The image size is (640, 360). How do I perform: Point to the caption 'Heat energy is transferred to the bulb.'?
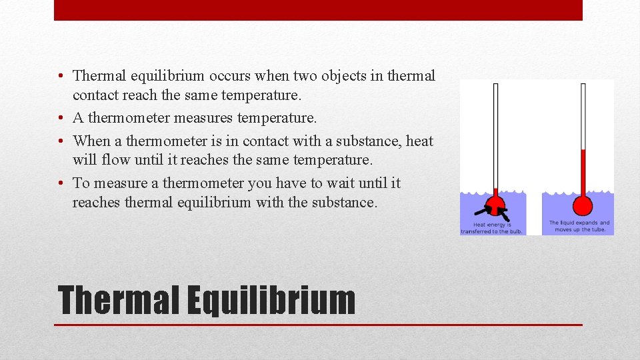point(492,228)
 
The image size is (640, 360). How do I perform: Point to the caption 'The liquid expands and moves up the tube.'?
point(579,226)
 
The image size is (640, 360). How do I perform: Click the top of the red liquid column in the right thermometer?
point(583,151)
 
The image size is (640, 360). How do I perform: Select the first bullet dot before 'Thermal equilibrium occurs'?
point(61,77)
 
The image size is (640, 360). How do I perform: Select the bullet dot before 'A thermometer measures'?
point(61,119)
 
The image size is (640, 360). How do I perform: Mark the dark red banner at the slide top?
point(318,10)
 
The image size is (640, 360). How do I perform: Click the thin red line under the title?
point(318,325)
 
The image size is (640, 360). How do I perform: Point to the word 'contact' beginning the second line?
point(95,95)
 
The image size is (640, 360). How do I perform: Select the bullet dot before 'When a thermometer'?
point(61,141)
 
